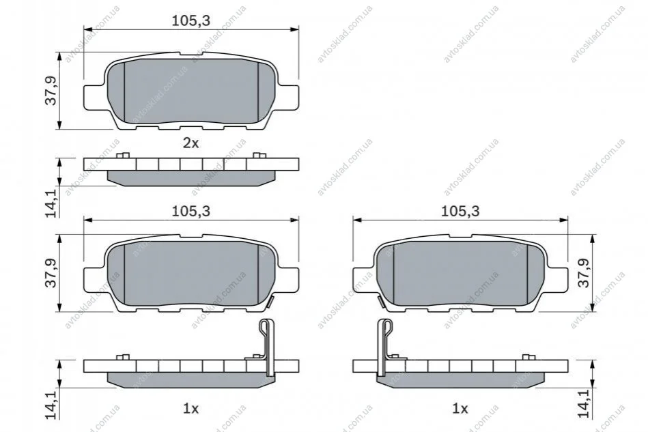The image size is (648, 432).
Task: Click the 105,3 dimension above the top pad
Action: (191, 20)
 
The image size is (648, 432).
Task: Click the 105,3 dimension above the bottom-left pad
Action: (191, 211)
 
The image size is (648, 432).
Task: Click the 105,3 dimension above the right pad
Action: (460, 211)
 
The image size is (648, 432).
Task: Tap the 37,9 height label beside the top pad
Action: (51, 91)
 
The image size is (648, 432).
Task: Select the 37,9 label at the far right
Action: (584, 273)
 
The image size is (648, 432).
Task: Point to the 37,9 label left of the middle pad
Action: (51, 273)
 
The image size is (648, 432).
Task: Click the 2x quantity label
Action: (191, 143)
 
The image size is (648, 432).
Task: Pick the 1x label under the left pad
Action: (191, 409)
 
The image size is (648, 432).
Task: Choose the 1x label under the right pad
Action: (460, 409)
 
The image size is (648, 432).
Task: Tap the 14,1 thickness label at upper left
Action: (51, 203)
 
